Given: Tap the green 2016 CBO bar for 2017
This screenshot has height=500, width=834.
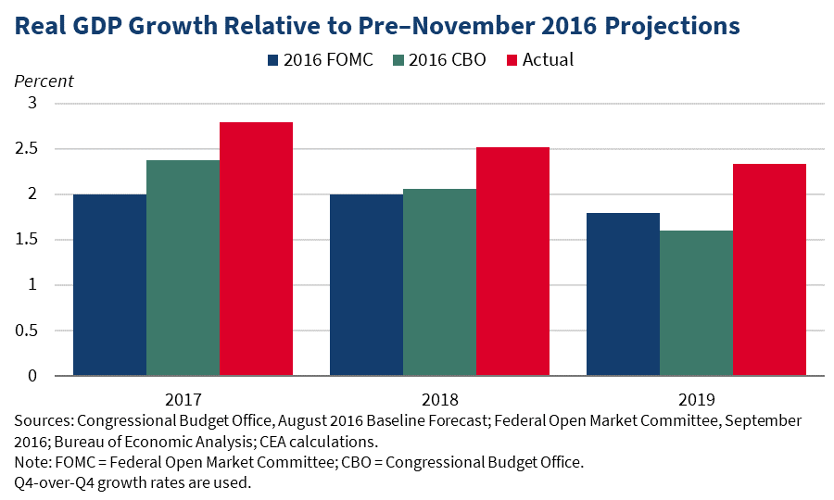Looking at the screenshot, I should (x=183, y=268).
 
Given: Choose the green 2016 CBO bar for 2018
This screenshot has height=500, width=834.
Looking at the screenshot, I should (x=439, y=282).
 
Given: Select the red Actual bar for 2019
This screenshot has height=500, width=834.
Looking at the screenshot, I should (x=769, y=269).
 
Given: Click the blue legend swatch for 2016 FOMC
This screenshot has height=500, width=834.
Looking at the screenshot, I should (x=272, y=60).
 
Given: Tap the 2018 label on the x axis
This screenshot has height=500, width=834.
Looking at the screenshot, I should (x=439, y=401).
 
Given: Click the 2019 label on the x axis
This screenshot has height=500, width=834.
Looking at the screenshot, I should (x=696, y=401).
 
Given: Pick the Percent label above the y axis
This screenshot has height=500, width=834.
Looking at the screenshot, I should (x=44, y=81).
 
